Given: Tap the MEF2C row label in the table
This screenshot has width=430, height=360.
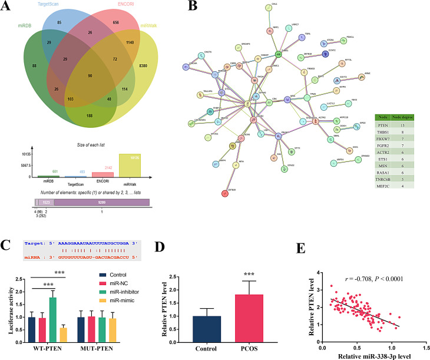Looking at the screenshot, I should [383, 187].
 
